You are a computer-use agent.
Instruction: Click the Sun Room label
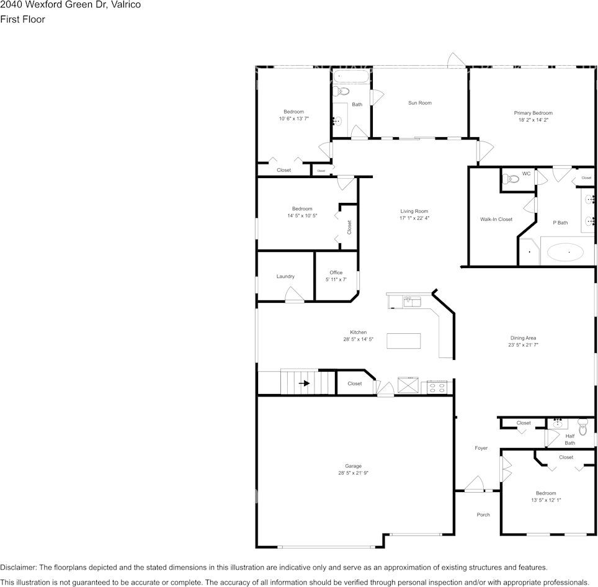tap(419, 103)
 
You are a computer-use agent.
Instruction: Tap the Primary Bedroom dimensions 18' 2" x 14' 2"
tap(533, 120)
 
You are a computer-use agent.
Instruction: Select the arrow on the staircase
tap(304, 383)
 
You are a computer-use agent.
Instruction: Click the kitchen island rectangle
tap(403, 341)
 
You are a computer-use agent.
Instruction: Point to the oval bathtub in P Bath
tap(565, 253)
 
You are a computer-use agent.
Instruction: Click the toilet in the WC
tap(511, 179)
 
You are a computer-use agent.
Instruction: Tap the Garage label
tap(353, 466)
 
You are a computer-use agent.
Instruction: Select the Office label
tap(336, 272)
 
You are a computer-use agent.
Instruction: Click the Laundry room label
tap(285, 277)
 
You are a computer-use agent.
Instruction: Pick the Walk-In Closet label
tap(496, 220)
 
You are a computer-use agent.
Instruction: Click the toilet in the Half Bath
tap(582, 427)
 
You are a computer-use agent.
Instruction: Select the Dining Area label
tap(524, 338)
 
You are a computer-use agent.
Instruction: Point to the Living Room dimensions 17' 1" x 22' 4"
tap(414, 218)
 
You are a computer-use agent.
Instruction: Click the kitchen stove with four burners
tap(436, 388)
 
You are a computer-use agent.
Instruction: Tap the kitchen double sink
tap(413, 302)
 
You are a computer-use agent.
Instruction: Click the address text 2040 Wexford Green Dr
tap(70, 5)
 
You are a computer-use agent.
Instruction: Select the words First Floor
tap(22, 19)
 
